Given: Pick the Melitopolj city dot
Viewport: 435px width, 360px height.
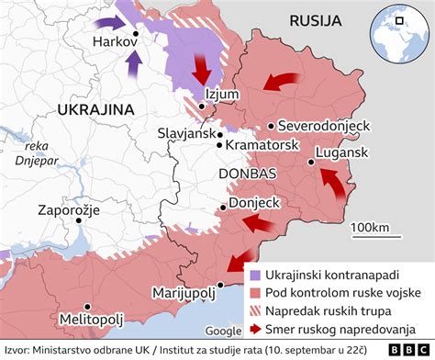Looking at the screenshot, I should point(85,308).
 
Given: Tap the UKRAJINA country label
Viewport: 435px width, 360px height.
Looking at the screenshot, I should point(95,108).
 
